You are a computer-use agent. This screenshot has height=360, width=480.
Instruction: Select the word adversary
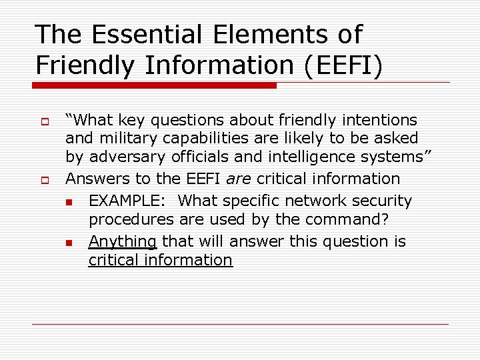point(125,157)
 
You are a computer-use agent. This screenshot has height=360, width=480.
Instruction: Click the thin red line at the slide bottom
point(240,325)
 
